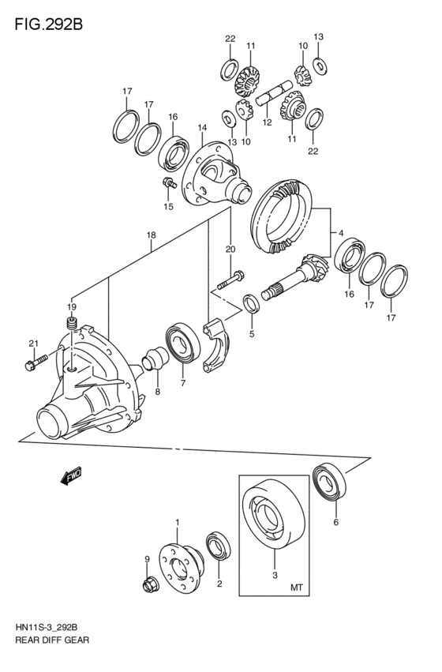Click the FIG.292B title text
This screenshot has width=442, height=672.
point(48,24)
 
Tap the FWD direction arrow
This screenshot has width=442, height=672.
point(71,475)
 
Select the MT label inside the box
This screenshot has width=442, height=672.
point(297,588)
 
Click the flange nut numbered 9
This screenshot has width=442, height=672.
point(150,584)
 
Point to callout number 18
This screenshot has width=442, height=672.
point(151,235)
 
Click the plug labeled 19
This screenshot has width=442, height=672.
point(72,324)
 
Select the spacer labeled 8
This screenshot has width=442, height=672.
point(156,358)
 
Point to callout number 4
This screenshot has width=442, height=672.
point(341,233)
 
